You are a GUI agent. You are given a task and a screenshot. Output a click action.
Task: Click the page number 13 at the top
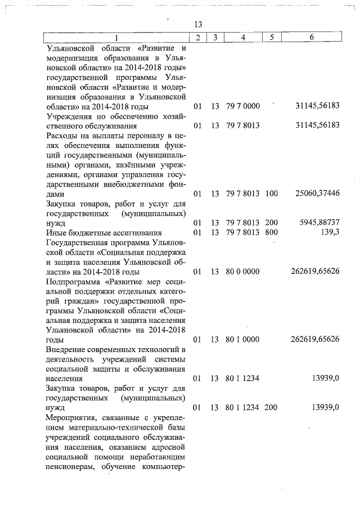[197, 25]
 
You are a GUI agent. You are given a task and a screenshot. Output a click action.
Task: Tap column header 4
[242, 37]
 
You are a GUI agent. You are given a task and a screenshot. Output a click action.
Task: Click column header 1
[116, 37]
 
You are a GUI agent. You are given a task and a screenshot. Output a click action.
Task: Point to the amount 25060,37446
[317, 193]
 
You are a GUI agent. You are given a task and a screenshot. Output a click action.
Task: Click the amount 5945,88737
[319, 223]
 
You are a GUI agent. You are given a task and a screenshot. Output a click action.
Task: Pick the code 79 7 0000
[242, 106]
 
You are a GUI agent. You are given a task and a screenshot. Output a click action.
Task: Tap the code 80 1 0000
[242, 340]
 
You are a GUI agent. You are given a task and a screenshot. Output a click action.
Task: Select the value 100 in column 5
[271, 193]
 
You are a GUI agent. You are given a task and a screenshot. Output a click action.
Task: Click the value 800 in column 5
[271, 232]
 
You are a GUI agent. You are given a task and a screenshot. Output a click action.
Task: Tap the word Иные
[55, 232]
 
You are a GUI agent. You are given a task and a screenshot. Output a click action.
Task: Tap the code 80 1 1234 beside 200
[242, 407]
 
